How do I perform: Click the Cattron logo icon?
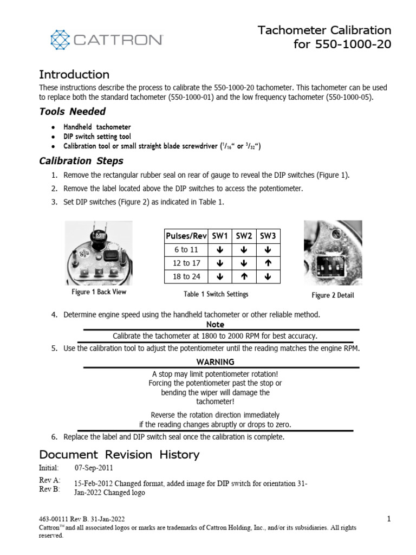[61, 40]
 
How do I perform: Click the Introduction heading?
[74, 75]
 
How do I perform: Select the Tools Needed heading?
[73, 112]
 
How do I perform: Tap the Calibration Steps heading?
[81, 161]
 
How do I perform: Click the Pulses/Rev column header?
[186, 236]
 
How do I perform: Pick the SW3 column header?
[268, 236]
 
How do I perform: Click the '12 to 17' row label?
[186, 263]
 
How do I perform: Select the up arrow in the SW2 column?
[244, 276]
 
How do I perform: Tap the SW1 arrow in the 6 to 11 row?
[220, 249]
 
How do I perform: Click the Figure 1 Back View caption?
[99, 292]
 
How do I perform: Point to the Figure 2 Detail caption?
[333, 295]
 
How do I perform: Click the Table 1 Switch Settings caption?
[216, 294]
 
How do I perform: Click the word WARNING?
[215, 362]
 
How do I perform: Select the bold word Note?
[215, 324]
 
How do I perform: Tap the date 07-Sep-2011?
[94, 468]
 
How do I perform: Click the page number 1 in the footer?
[389, 519]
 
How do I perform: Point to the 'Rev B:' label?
[49, 489]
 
